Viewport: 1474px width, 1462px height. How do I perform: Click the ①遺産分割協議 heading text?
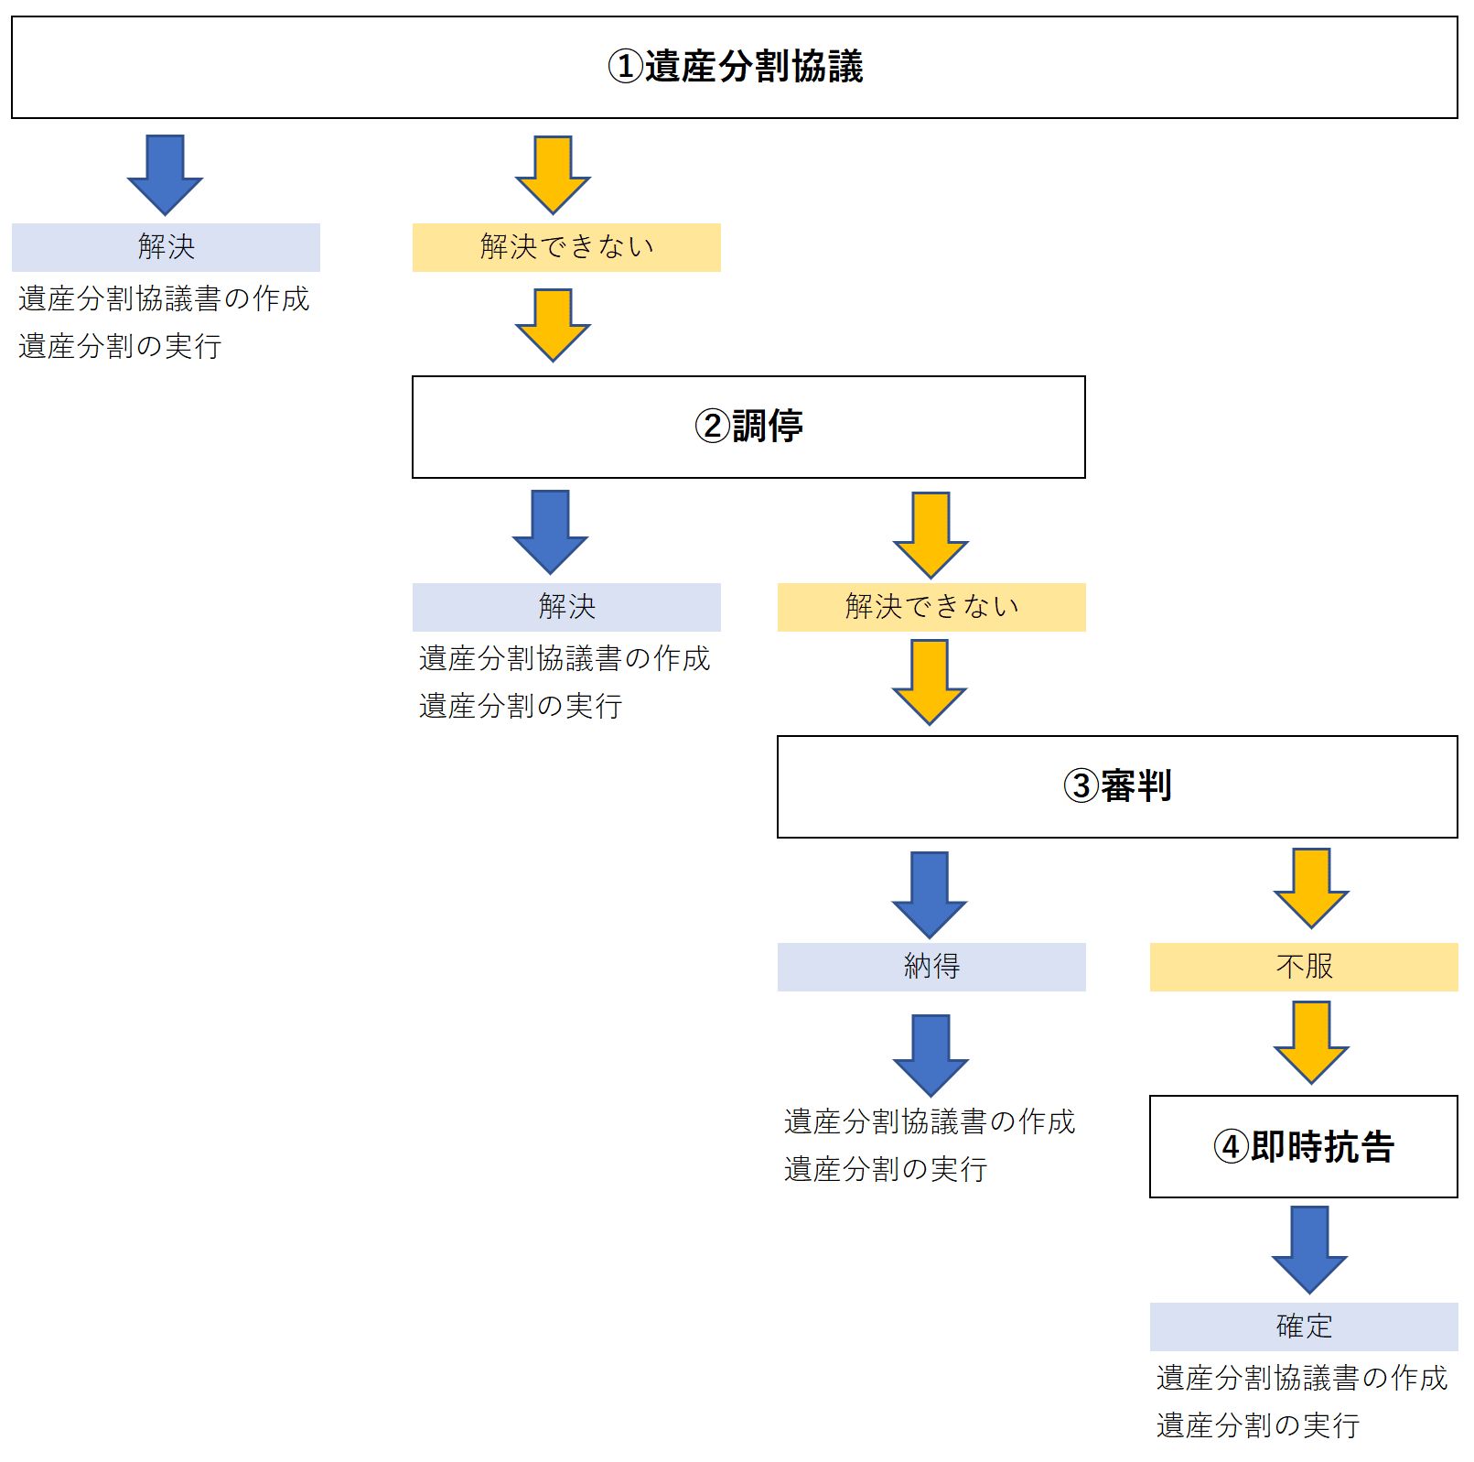(736, 67)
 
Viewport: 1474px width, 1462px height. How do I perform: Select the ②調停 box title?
(748, 427)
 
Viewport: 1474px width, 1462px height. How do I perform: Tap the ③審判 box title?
(1117, 786)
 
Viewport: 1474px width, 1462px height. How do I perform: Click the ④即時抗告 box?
(1303, 1146)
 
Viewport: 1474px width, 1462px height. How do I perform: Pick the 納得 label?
(931, 967)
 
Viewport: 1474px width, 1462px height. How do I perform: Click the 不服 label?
(1304, 967)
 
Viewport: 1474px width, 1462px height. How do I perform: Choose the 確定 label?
(1304, 1327)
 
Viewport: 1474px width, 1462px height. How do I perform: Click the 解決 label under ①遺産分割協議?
(166, 247)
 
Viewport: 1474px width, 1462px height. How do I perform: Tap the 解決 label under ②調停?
(566, 607)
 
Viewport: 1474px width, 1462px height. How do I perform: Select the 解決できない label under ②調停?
(931, 607)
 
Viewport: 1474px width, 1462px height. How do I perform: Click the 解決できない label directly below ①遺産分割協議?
(566, 247)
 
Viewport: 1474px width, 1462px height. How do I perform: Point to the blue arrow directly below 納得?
(931, 1053)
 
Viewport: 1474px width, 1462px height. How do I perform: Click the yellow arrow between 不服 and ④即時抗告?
(1310, 1041)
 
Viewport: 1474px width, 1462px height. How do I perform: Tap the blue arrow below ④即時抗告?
(1309, 1248)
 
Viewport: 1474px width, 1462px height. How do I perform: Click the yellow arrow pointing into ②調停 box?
(553, 324)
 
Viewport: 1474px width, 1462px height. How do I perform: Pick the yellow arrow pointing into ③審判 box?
(930, 681)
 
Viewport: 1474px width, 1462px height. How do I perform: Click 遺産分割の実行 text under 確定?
(1257, 1425)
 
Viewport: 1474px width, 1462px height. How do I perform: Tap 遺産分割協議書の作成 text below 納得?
(929, 1121)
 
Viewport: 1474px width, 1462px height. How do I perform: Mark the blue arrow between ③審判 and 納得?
(930, 893)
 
